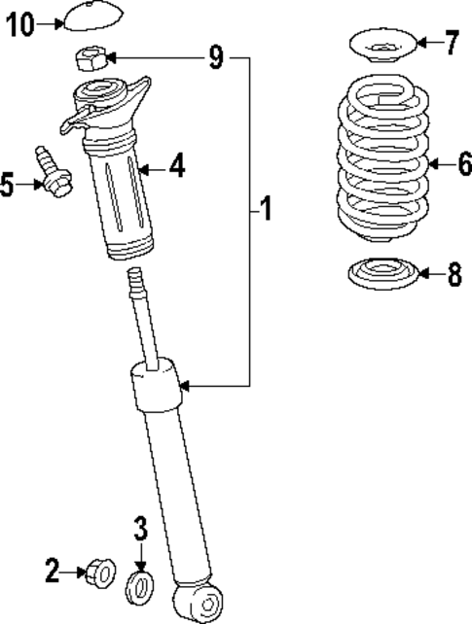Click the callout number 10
coord(19,24)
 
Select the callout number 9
coord(215,58)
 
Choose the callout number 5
coord(9,184)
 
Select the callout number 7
coord(451,42)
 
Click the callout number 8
coord(454,275)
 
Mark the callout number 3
coord(140,530)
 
